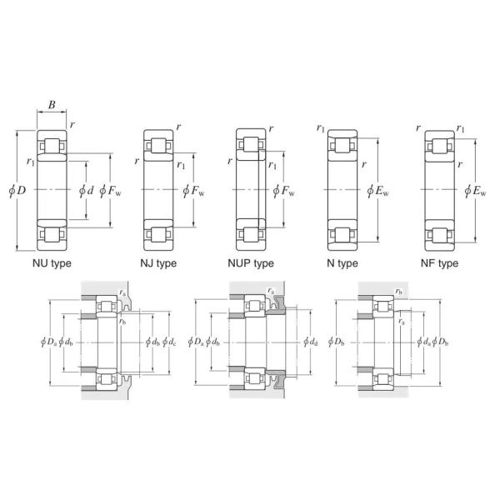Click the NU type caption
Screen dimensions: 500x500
tap(52, 263)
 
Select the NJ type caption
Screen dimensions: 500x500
tap(158, 263)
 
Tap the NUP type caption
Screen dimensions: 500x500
tap(251, 263)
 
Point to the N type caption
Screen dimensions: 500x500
tap(342, 263)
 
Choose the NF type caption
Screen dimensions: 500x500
tap(440, 263)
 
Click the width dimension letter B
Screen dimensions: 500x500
tap(52, 105)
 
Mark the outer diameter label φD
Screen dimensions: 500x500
tap(17, 191)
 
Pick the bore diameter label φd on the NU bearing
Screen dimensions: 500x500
tap(87, 191)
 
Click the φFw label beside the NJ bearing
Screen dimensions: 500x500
tap(193, 192)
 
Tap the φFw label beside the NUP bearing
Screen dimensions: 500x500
tap(284, 192)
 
